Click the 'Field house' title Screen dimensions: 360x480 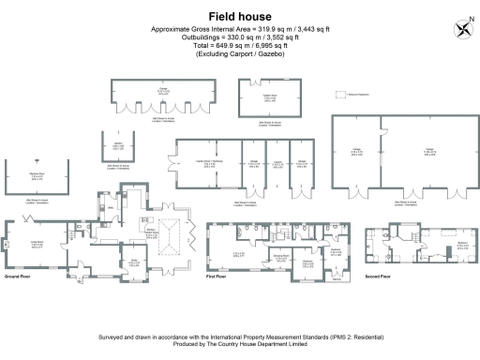point(239,17)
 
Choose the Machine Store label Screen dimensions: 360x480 point(37,175)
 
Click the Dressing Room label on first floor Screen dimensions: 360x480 point(279,256)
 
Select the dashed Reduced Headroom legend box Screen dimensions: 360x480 point(344,95)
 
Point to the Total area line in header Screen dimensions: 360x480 point(239,46)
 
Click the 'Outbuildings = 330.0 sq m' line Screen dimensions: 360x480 point(239,37)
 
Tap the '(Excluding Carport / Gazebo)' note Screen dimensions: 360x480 point(239,54)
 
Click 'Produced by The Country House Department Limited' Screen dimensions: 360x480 point(239,344)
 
